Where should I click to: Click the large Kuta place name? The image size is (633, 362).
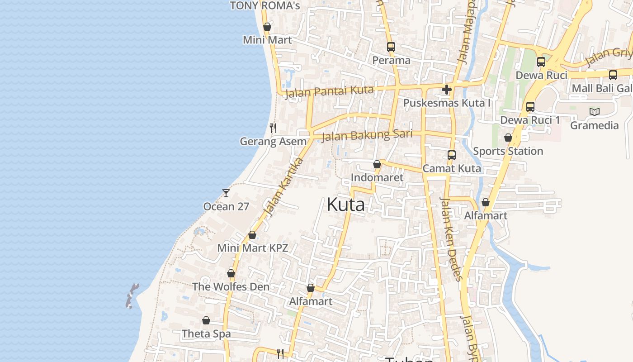345,205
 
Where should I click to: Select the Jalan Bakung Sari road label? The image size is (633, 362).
367,135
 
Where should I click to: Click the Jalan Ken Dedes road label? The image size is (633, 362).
451,238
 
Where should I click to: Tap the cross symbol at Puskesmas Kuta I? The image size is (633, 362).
447,89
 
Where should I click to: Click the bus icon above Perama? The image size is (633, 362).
391,47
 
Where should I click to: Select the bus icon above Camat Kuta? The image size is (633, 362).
451,155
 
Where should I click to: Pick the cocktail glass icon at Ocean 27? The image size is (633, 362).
226,193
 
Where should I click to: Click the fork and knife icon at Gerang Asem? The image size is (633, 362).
273,128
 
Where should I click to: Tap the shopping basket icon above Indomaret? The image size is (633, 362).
377,164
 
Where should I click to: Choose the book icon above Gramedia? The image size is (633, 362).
595,112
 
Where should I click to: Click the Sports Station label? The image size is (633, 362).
508,151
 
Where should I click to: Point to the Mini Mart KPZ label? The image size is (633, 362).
252,248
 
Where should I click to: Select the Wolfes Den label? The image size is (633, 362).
231,287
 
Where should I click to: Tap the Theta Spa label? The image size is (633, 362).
206,334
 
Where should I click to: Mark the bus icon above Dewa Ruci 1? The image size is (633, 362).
530,107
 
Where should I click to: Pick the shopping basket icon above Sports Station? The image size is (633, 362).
508,138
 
